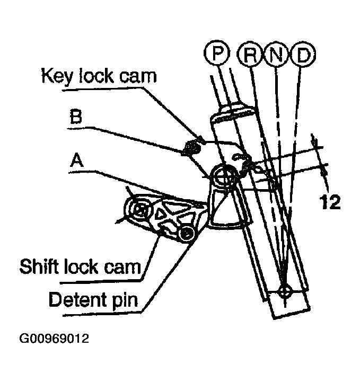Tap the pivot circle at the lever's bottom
coord(285,291)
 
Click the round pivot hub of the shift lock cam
coord(139,210)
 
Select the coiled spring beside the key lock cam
coord(192,146)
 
